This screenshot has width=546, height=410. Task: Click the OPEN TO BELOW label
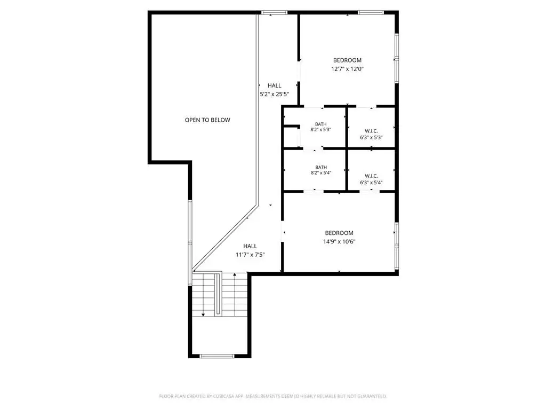(x=207, y=120)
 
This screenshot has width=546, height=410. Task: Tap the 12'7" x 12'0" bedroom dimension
(x=347, y=69)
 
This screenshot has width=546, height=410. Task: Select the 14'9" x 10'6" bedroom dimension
(x=339, y=242)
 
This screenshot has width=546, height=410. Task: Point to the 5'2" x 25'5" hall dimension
(x=275, y=94)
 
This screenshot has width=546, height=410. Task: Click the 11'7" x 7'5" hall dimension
(x=250, y=255)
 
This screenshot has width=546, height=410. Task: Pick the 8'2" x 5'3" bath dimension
(x=320, y=129)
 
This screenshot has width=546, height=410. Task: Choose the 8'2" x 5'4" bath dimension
(x=320, y=172)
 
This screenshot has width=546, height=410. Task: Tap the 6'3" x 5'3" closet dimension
(x=371, y=137)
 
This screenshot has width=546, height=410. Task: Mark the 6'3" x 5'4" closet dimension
(x=371, y=183)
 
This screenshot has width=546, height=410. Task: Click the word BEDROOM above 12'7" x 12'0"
(x=347, y=60)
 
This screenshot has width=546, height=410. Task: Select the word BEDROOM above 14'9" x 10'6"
(x=339, y=233)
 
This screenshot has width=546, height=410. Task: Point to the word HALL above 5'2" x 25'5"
(x=275, y=85)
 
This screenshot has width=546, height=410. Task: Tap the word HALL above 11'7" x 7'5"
(x=250, y=246)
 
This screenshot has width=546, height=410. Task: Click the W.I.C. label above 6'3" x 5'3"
(x=371, y=131)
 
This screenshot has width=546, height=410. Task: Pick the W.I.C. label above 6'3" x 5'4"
(x=371, y=176)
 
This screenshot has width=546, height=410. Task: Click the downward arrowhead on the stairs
(x=203, y=315)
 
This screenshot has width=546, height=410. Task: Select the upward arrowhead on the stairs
(x=235, y=275)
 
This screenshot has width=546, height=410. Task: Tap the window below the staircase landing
(x=217, y=356)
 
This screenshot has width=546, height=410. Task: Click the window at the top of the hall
(x=275, y=13)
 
